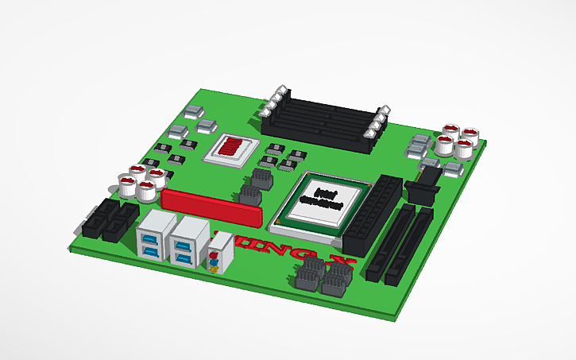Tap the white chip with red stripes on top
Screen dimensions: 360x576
[x=233, y=148]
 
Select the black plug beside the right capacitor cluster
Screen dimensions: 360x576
[x=421, y=191]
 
